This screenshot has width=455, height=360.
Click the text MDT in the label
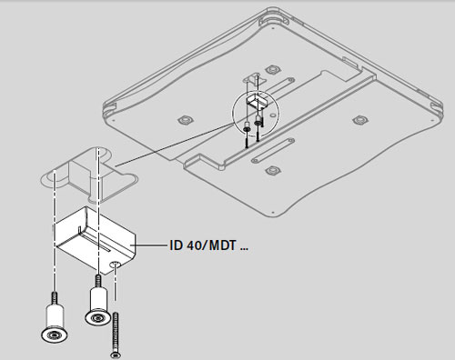pyautogui.click(x=222, y=245)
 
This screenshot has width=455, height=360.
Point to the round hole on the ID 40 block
pyautogui.click(x=116, y=265)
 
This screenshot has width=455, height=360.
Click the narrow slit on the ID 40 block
pyautogui.click(x=94, y=242)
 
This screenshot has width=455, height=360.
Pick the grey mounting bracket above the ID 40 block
pyautogui.click(x=89, y=175)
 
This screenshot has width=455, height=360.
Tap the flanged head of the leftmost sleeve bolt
pyautogui.click(x=55, y=335)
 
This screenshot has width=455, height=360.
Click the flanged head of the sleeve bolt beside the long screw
pyautogui.click(x=97, y=318)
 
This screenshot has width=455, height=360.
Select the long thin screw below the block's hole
pyautogui.click(x=116, y=335)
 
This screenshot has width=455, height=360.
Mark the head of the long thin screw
pyautogui.click(x=115, y=355)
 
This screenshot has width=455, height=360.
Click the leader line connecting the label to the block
pyautogui.click(x=152, y=245)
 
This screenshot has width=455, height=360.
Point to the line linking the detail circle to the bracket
pyautogui.click(x=175, y=145)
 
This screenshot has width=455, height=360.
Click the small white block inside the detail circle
pyautogui.click(x=258, y=101)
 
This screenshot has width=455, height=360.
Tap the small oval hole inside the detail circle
pyautogui.click(x=272, y=115)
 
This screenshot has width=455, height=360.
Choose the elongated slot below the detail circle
pyautogui.click(x=273, y=151)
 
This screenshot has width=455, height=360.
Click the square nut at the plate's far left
pyautogui.click(x=185, y=120)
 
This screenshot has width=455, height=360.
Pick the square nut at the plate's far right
pyautogui.click(x=360, y=120)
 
